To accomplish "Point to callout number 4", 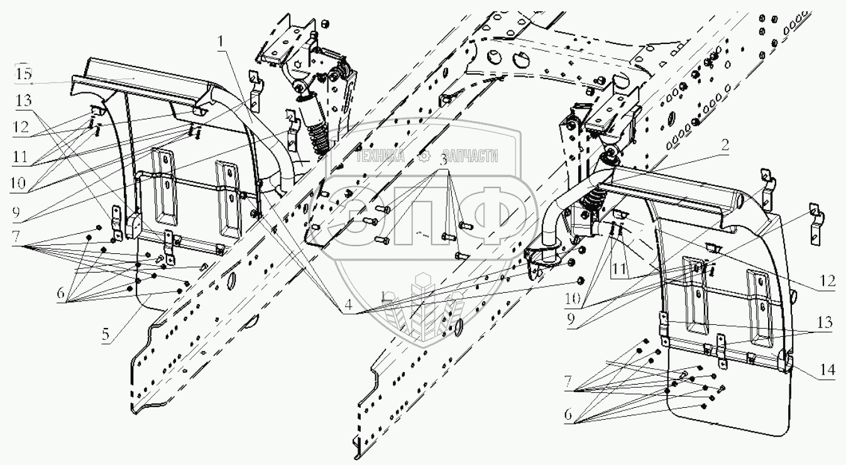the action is pos(348,304).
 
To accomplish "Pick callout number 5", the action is pos(106,334).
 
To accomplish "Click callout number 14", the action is pos(827,369).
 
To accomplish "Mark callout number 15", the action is pos(23,74).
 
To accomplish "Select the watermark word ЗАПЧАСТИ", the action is pos(471,155).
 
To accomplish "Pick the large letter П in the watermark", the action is pos(424,218).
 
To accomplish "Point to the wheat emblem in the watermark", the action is pos(422,306).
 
